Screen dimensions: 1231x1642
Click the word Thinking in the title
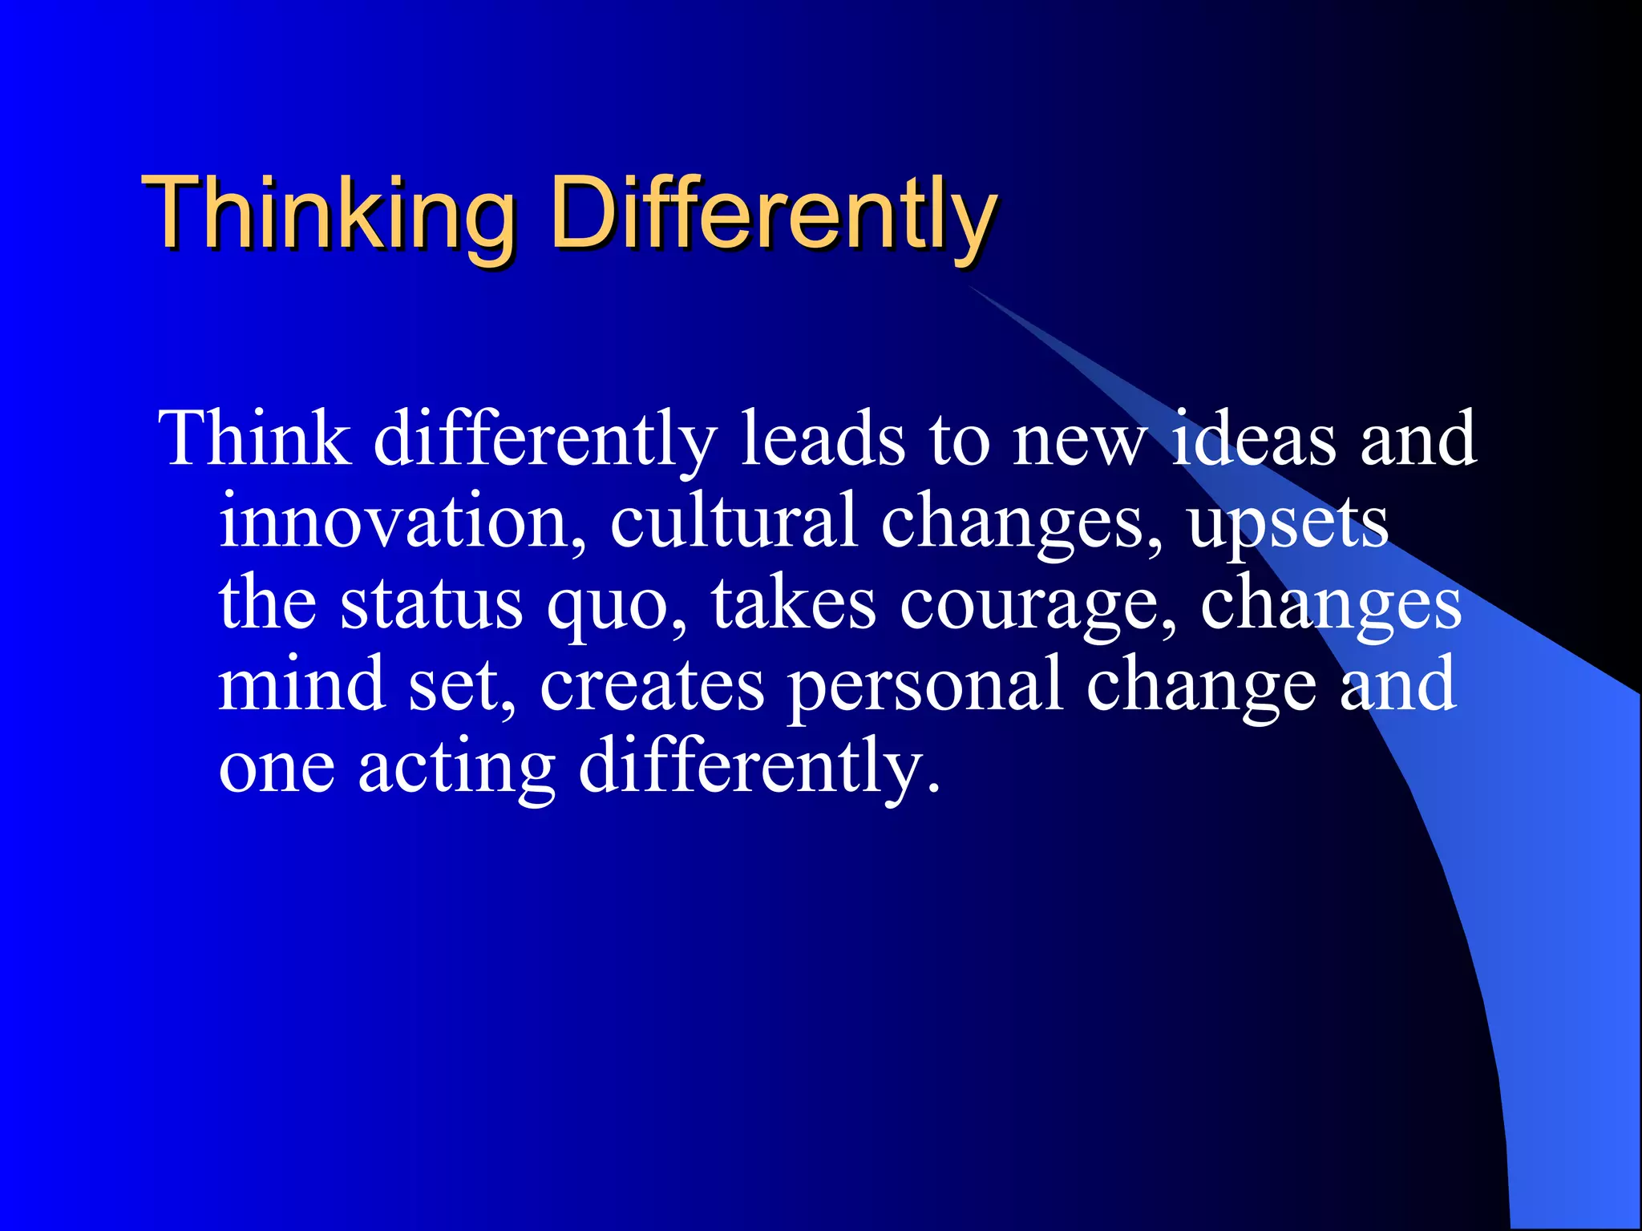[x=329, y=215]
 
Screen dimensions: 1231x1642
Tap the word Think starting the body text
[x=254, y=438]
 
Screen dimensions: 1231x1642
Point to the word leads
[x=823, y=438]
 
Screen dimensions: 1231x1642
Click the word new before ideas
[x=1079, y=440]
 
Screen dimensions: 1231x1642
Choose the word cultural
[x=734, y=521]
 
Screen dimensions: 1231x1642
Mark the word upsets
[x=1288, y=525]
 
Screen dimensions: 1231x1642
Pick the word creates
[x=652, y=685]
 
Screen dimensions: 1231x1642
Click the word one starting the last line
[x=277, y=769]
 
